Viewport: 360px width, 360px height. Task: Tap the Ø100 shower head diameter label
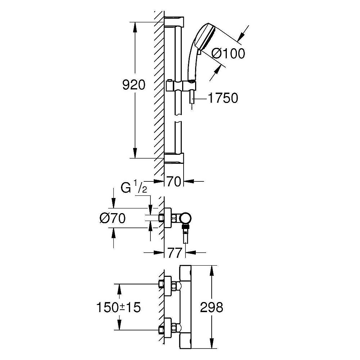(228, 53)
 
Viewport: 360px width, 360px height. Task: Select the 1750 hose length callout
(223, 98)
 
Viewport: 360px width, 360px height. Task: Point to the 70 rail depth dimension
(175, 182)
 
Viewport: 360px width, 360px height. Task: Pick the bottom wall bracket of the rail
(174, 158)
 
